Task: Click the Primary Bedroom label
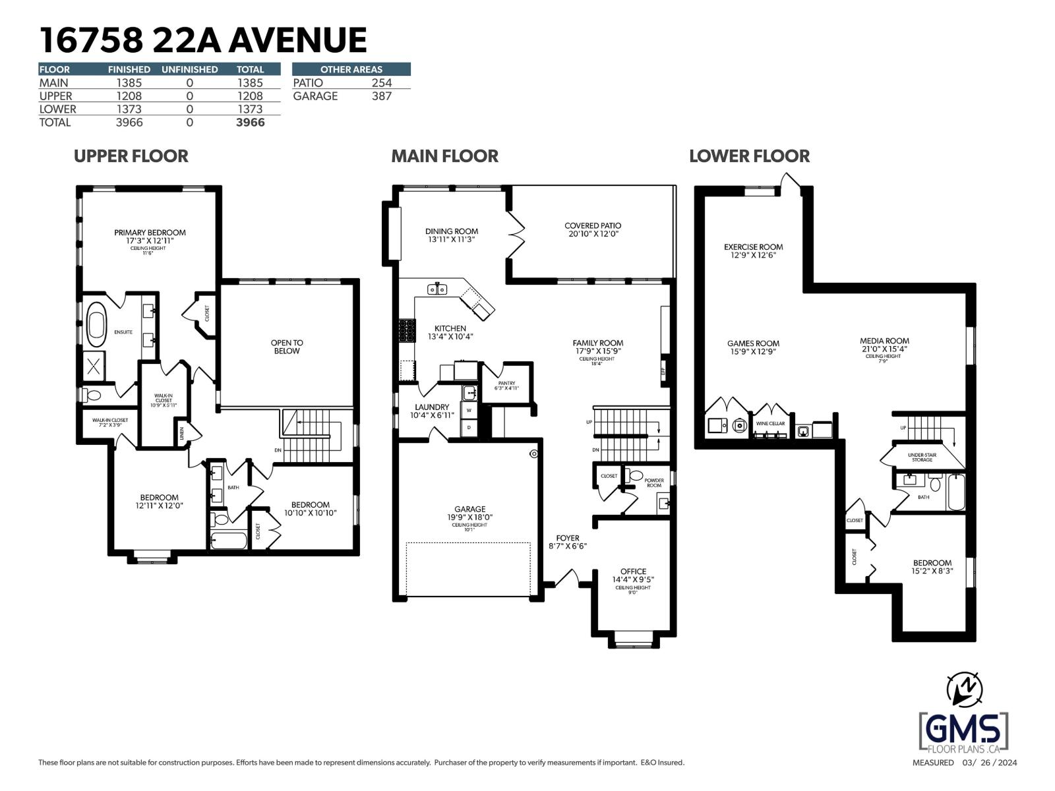(x=150, y=233)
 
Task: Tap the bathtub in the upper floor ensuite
(x=96, y=325)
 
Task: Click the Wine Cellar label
(x=770, y=423)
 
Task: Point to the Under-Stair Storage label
(x=922, y=457)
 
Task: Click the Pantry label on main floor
(x=506, y=383)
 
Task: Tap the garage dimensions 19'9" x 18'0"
(x=469, y=517)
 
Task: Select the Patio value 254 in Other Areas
(x=381, y=82)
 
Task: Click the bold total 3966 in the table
(x=251, y=123)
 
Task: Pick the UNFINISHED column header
(x=189, y=69)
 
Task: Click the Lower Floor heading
(x=749, y=156)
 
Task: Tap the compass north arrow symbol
(x=964, y=689)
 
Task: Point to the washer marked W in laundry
(x=469, y=411)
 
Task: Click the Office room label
(x=633, y=571)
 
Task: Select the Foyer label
(x=567, y=539)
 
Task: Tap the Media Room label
(x=884, y=341)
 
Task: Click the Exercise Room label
(x=753, y=247)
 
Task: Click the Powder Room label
(x=653, y=483)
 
